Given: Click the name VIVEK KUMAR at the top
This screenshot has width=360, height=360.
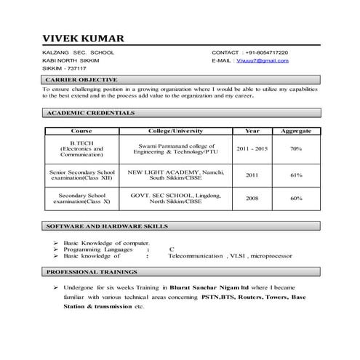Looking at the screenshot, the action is [x=83, y=38].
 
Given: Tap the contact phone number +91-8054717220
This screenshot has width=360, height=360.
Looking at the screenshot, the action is [x=266, y=53].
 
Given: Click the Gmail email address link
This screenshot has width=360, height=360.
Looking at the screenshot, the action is [x=261, y=61].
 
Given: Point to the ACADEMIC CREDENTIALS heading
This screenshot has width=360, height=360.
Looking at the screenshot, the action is [x=90, y=114].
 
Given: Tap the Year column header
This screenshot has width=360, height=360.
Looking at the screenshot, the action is [x=252, y=131].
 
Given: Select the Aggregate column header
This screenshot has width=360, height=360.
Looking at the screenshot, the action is [x=296, y=131].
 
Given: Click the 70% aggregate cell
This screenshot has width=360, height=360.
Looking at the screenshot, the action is [x=296, y=148].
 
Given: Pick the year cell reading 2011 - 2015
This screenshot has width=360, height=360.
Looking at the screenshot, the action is [x=252, y=148].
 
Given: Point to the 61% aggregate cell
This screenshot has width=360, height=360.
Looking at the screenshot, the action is [x=296, y=175].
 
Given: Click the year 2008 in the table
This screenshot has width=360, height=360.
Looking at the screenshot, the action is [x=252, y=198].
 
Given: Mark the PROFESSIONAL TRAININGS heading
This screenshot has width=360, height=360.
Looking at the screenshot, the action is [x=92, y=271].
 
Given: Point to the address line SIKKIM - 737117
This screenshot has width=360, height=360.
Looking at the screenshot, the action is [x=65, y=68].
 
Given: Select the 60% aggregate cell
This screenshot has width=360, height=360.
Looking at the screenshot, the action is [x=296, y=198].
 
